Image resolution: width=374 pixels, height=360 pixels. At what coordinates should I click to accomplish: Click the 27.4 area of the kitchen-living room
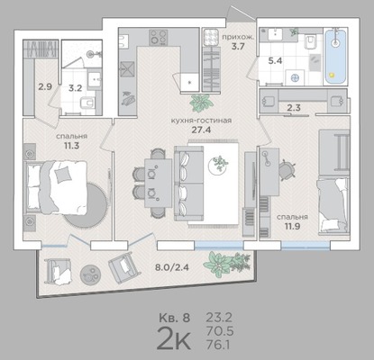pos(201,130)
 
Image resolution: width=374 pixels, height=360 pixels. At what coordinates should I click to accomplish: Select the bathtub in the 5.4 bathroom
pos(336,56)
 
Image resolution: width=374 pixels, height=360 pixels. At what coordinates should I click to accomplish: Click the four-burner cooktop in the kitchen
pos(158,37)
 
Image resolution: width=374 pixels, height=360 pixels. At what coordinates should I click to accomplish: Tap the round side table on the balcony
pos(90,274)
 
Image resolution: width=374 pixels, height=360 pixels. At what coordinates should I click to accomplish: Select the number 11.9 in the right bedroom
pos(292,226)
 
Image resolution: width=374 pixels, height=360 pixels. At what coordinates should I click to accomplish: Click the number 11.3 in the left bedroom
pos(71,146)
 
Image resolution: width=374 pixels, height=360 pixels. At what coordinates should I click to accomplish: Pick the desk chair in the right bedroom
pos(287,169)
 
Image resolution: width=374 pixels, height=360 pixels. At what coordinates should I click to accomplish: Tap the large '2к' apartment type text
pos(174,339)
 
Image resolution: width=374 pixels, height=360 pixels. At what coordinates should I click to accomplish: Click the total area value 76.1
pos(218,345)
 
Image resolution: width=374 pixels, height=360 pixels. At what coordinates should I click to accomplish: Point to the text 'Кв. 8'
pos(174,318)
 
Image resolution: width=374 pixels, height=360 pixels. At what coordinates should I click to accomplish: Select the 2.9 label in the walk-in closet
pos(45,87)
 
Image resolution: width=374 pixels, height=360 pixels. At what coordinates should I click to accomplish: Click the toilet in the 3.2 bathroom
pos(87,103)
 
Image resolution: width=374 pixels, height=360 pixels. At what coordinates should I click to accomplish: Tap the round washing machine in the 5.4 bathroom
pos(295,77)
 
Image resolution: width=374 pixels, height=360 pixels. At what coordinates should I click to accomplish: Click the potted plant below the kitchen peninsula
pos(200,103)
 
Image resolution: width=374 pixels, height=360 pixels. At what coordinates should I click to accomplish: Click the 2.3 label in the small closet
pos(293,107)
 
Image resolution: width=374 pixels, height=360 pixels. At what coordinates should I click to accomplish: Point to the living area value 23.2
pos(219,318)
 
